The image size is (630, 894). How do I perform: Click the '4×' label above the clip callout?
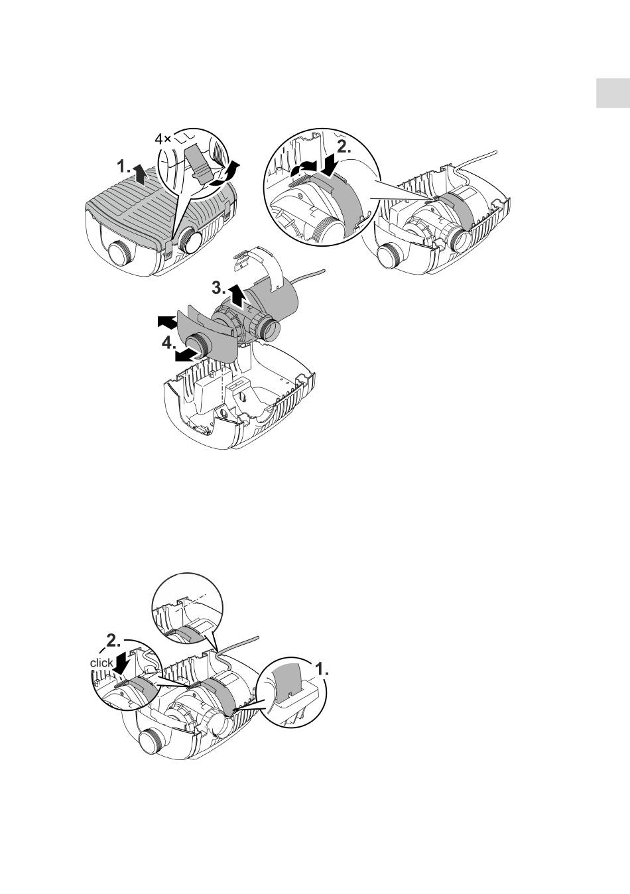[x=162, y=139]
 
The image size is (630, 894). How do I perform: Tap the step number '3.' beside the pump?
[x=219, y=287]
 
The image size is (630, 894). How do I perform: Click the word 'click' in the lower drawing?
[x=101, y=663]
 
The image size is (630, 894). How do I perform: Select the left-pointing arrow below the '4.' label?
[x=187, y=355]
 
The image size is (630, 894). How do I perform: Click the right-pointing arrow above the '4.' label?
[x=167, y=322]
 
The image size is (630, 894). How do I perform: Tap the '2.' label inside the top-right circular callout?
[x=344, y=147]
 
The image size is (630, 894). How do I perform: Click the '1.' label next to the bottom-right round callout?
[x=322, y=668]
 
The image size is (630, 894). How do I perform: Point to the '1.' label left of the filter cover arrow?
[x=123, y=166]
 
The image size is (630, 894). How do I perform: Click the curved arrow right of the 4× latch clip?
[x=225, y=174]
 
